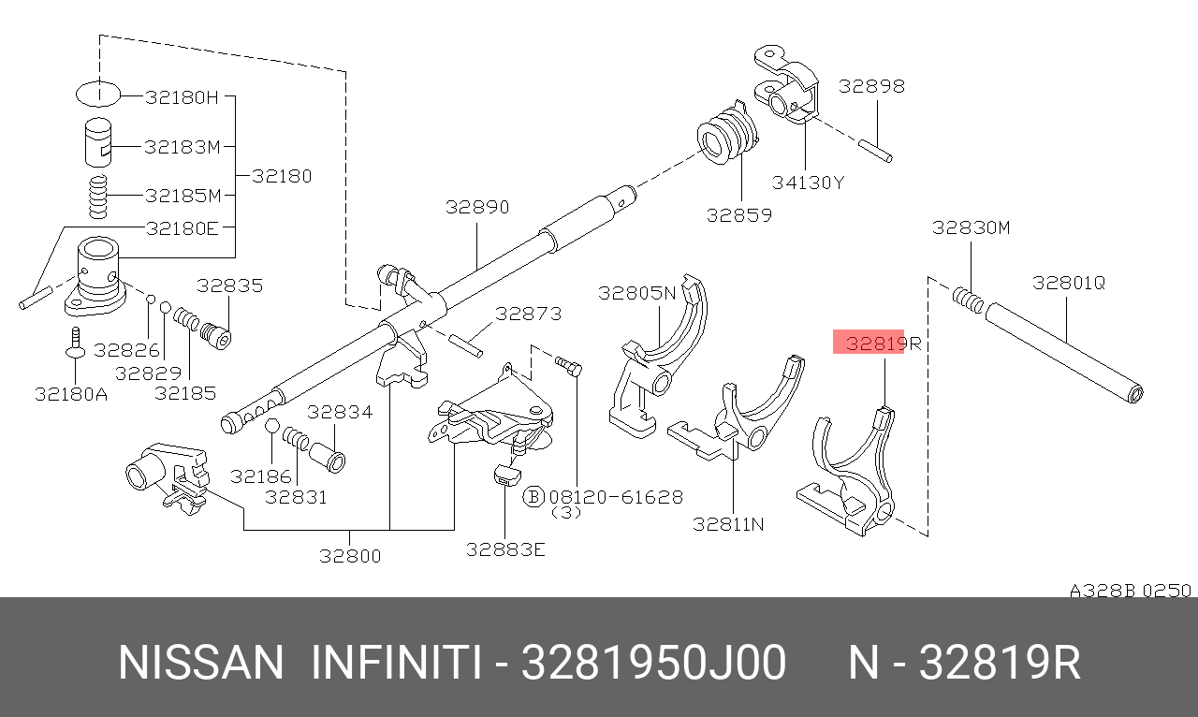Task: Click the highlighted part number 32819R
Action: [x=884, y=343]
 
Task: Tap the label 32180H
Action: [x=182, y=97]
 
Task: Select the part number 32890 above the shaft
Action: [x=477, y=207]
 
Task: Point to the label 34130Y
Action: [x=808, y=183]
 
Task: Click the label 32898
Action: [x=871, y=86]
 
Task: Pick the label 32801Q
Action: [x=1068, y=283]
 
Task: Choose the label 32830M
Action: [x=971, y=228]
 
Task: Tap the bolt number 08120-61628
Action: [x=616, y=497]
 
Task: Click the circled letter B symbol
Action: [x=533, y=497]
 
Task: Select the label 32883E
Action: [x=505, y=549]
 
